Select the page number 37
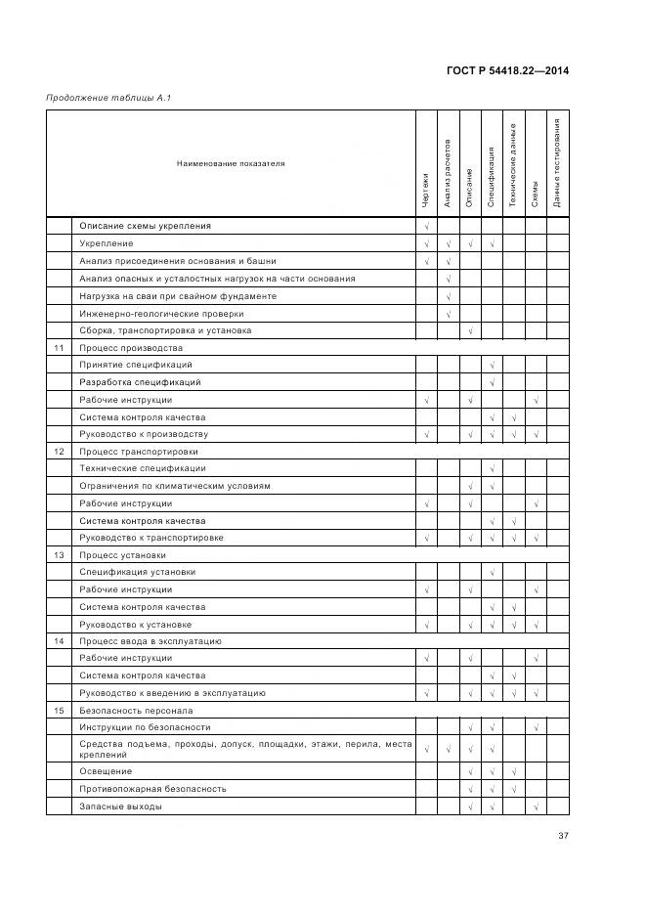pyautogui.click(x=563, y=835)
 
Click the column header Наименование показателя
pyautogui.click(x=231, y=163)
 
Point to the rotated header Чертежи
pyautogui.click(x=426, y=191)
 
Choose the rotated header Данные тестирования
pyautogui.click(x=557, y=163)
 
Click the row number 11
pyautogui.click(x=59, y=348)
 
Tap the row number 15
pyautogui.click(x=59, y=711)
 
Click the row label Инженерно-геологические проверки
pyautogui.click(x=161, y=314)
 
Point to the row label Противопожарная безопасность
pyautogui.click(x=152, y=789)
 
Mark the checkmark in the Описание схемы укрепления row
pyautogui.click(x=426, y=227)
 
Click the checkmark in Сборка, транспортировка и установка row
pyautogui.click(x=470, y=331)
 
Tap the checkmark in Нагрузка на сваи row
pyautogui.click(x=448, y=296)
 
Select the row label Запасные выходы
pyautogui.click(x=120, y=806)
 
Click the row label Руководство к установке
pyautogui.click(x=135, y=624)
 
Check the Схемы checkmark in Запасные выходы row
pyautogui.click(x=537, y=806)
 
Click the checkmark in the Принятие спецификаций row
pyautogui.click(x=493, y=366)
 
